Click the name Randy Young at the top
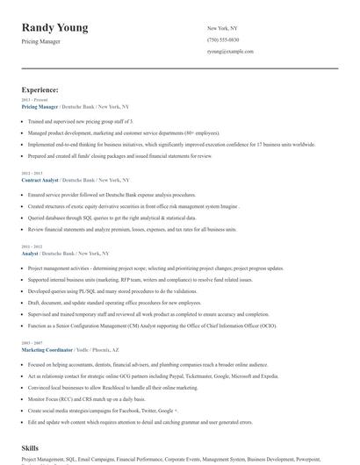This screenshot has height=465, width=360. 54,27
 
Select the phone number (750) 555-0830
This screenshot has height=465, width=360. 223,39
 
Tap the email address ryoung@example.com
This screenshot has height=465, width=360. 230,51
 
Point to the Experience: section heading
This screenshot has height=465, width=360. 40,89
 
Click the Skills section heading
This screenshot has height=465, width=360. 31,447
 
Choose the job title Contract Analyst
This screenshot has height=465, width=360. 40,180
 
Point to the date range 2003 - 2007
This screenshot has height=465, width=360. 32,343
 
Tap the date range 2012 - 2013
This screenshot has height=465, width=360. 32,174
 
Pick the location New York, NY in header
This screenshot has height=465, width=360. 222,28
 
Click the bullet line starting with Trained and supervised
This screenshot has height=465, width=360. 80,121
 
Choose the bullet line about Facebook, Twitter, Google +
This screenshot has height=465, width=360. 103,410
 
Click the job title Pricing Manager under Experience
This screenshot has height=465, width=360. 40,105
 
